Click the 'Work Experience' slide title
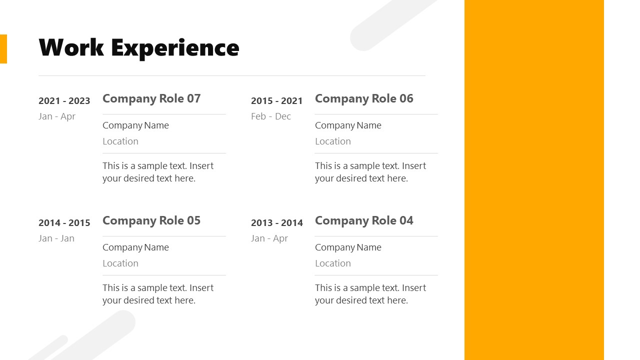[139, 48]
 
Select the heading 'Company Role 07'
[151, 98]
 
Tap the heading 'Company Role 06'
[364, 98]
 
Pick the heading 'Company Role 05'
[151, 220]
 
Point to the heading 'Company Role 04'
[364, 220]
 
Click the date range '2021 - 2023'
[64, 101]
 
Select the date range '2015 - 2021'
[277, 101]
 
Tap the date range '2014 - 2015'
[64, 223]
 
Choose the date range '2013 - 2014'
[277, 223]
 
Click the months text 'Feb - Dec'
[271, 116]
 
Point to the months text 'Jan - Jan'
[56, 238]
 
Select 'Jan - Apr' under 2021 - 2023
[57, 116]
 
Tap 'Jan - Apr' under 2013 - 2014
[269, 238]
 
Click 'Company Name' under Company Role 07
[135, 125]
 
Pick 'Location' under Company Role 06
[333, 141]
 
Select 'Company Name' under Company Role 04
[348, 247]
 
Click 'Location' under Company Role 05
[120, 263]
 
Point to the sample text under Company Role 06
[370, 172]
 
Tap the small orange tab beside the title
[3, 49]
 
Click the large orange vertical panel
[534, 180]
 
